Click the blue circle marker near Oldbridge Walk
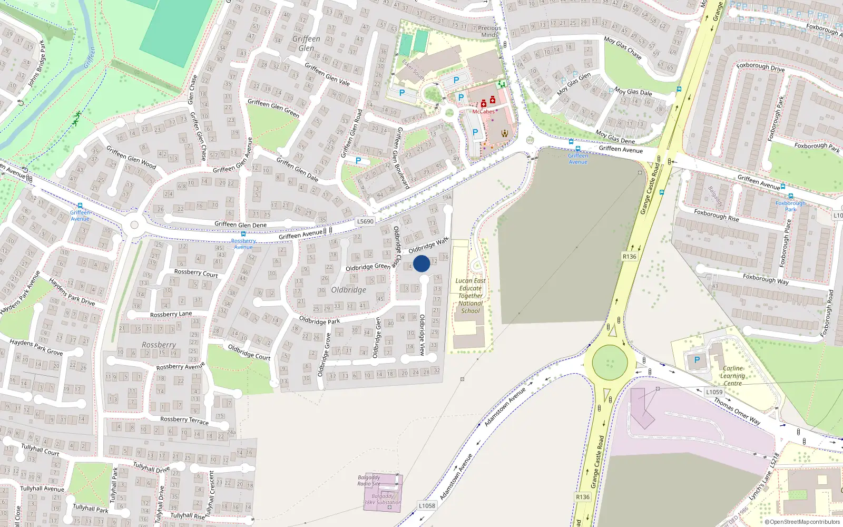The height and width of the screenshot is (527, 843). pyautogui.click(x=421, y=263)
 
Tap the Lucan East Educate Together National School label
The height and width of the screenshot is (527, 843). pyautogui.click(x=470, y=296)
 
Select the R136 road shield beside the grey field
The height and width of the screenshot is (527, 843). pyautogui.click(x=629, y=257)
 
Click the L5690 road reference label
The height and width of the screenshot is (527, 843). pyautogui.click(x=365, y=221)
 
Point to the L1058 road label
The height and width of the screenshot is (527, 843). pyautogui.click(x=427, y=506)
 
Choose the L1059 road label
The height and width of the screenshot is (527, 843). pyautogui.click(x=714, y=392)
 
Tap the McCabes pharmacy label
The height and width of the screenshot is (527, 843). pyautogui.click(x=483, y=111)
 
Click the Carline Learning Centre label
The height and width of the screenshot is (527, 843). pyautogui.click(x=733, y=376)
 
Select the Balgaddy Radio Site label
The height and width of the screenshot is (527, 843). pyautogui.click(x=369, y=481)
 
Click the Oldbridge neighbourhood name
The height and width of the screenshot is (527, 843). pyautogui.click(x=349, y=290)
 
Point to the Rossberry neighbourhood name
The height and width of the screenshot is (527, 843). pyautogui.click(x=159, y=345)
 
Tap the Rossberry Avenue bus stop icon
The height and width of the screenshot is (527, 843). pyautogui.click(x=243, y=234)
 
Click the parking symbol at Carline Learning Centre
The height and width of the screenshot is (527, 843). pyautogui.click(x=697, y=360)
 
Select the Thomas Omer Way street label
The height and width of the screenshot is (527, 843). pyautogui.click(x=737, y=412)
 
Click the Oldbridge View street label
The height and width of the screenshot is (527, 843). pyautogui.click(x=422, y=335)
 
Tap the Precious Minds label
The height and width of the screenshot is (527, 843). pyautogui.click(x=489, y=32)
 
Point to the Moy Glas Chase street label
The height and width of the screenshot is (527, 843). pyautogui.click(x=623, y=47)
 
